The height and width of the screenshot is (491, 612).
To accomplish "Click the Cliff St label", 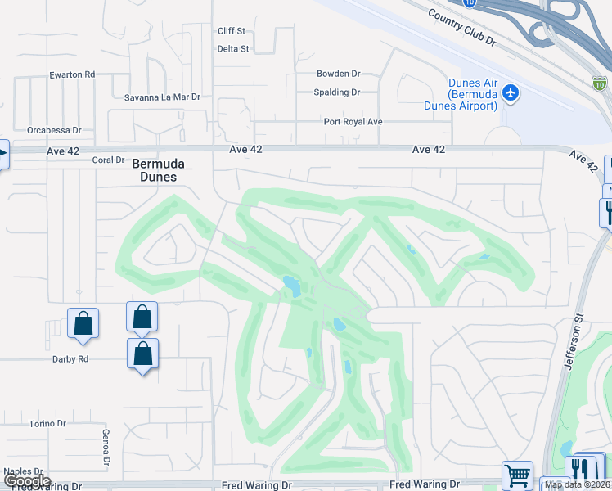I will (x=232, y=31).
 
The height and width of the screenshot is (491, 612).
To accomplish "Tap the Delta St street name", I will (x=233, y=49).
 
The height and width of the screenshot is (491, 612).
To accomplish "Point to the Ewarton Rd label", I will (x=72, y=74).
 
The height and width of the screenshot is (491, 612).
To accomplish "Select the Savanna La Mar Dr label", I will (x=162, y=97).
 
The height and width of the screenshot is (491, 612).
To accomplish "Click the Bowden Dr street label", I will (x=339, y=74).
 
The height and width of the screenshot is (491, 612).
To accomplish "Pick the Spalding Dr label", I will (x=337, y=92).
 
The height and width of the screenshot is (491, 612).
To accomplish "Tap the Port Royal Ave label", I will (x=353, y=122).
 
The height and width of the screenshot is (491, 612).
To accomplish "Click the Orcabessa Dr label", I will (x=54, y=130).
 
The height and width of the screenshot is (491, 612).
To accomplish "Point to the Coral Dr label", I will (x=108, y=160).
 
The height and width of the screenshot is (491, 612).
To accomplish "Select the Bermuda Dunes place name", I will (x=155, y=170).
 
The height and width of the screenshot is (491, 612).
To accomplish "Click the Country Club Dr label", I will (x=461, y=28).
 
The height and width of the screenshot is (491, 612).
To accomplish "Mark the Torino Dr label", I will (x=47, y=423).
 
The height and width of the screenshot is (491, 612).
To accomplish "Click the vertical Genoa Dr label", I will (x=106, y=448).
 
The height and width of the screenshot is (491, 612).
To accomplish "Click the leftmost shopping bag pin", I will (x=83, y=322).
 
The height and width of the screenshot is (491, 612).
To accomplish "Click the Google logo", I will (x=28, y=481).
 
